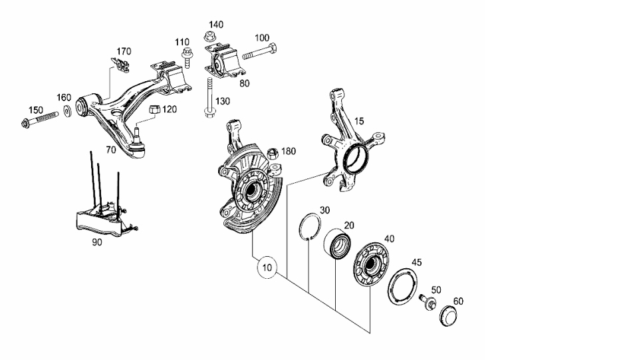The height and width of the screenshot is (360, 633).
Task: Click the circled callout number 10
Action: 267,268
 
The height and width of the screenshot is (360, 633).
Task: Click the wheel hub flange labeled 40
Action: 370,265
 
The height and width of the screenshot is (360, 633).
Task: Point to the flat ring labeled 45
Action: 390,287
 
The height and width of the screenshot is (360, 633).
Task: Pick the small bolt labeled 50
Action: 428,301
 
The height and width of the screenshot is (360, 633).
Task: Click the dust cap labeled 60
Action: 448,316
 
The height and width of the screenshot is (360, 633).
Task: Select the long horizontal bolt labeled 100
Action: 259,51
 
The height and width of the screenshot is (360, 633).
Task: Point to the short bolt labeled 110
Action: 188,57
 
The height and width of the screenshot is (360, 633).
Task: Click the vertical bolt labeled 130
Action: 209,97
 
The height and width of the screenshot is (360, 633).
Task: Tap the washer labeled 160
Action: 67,110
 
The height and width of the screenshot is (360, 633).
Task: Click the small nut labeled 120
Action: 155,109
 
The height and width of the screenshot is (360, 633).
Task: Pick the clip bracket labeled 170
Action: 120,65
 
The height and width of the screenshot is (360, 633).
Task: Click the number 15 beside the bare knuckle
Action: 359,121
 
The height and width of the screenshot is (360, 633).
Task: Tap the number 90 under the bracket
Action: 97,242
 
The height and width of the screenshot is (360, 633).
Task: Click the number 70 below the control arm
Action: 110,150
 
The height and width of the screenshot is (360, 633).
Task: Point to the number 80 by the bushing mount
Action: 244,83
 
